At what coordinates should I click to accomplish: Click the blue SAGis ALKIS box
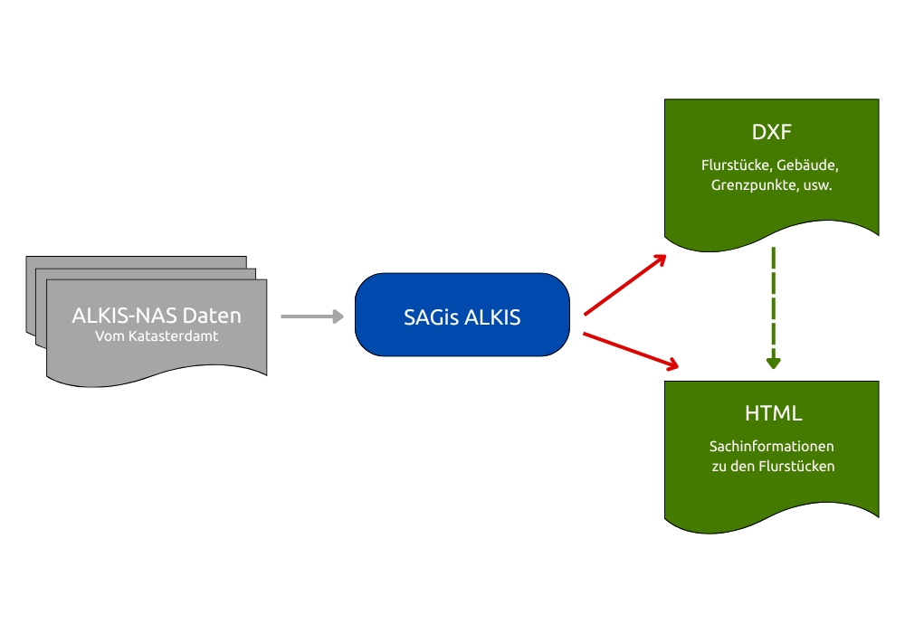[x=462, y=315]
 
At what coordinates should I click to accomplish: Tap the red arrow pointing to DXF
[x=624, y=286]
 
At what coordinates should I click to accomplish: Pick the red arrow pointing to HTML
[x=631, y=351]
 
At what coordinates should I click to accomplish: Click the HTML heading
[x=772, y=414]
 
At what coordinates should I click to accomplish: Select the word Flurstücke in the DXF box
[x=735, y=166]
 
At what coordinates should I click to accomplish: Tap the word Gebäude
[x=809, y=166]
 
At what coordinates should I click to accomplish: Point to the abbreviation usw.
[x=817, y=186]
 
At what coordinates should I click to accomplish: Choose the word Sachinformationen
[x=772, y=447]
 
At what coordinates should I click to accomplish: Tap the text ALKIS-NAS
[x=124, y=316]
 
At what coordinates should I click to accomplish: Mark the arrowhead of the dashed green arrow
[x=773, y=363]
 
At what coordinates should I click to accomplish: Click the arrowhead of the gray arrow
[x=338, y=316]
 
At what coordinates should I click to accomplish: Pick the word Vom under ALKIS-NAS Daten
[x=108, y=336]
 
